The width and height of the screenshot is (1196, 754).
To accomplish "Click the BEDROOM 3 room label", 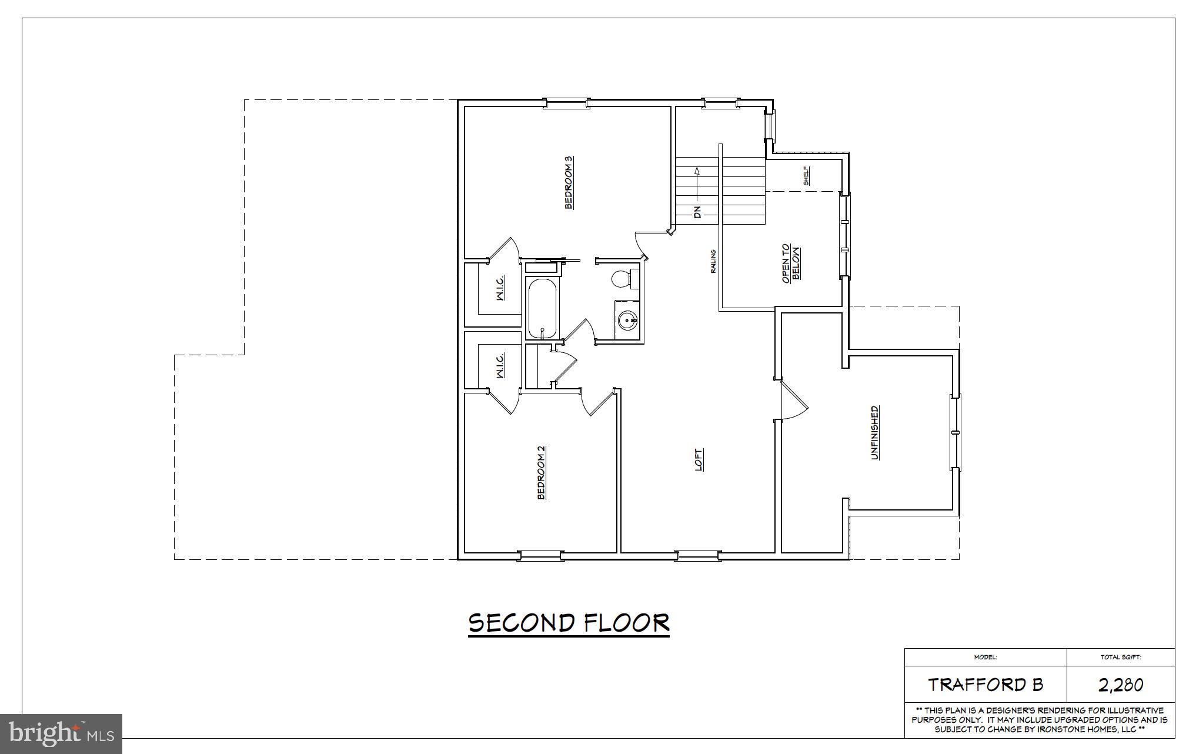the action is tap(569, 182).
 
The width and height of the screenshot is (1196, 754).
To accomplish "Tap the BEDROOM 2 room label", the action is tap(542, 473).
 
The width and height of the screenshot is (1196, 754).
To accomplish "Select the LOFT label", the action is tap(699, 461).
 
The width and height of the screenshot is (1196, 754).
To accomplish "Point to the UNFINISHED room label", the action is tap(875, 432).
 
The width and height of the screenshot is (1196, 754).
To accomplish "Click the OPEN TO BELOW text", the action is tap(791, 263).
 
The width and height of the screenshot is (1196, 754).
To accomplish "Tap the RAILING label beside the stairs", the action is tap(713, 262).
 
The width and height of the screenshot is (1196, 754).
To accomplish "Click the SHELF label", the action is tap(806, 175).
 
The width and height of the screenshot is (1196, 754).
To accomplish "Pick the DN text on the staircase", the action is tap(697, 212).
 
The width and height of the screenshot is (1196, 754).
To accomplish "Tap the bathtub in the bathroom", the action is tap(542, 309).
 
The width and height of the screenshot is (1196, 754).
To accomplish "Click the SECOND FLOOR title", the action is tap(569, 623).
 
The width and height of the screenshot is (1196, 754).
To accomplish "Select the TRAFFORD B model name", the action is tap(985, 685).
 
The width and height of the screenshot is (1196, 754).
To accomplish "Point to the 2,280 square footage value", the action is tap(1121, 685).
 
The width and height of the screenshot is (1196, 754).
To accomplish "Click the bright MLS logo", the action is tap(61, 733).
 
